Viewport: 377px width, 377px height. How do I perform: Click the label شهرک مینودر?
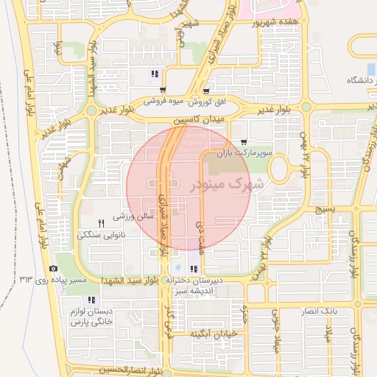(226, 185)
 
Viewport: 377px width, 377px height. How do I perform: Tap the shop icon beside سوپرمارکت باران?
(244, 143)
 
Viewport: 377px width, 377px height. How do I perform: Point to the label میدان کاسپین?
(197, 119)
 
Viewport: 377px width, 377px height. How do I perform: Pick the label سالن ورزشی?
(132, 216)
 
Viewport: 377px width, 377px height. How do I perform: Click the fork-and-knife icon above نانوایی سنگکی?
(102, 222)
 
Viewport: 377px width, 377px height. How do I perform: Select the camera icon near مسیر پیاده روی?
(53, 269)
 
